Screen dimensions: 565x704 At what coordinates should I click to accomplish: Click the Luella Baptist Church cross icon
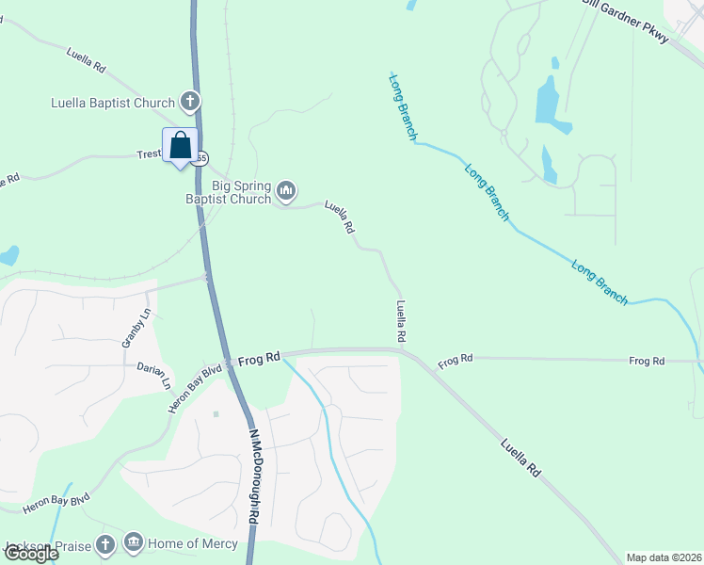[189, 102]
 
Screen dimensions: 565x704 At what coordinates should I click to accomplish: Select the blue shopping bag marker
[180, 146]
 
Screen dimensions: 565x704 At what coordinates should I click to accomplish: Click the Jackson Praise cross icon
[105, 544]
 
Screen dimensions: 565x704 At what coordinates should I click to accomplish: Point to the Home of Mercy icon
[133, 543]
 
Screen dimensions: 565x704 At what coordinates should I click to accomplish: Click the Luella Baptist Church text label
[114, 103]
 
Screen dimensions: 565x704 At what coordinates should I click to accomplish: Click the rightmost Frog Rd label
[647, 361]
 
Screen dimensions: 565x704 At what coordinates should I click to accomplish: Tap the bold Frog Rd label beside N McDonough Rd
[259, 359]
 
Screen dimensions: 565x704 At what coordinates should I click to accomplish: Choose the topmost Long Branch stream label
[403, 106]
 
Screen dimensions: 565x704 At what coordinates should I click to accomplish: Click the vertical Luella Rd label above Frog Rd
[401, 320]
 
